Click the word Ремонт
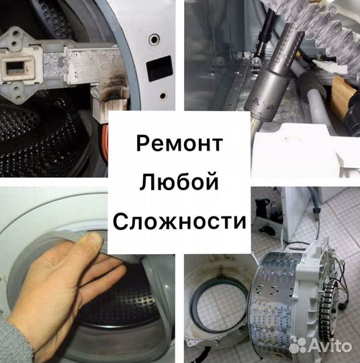coord(179,143)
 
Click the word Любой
coord(179,181)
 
